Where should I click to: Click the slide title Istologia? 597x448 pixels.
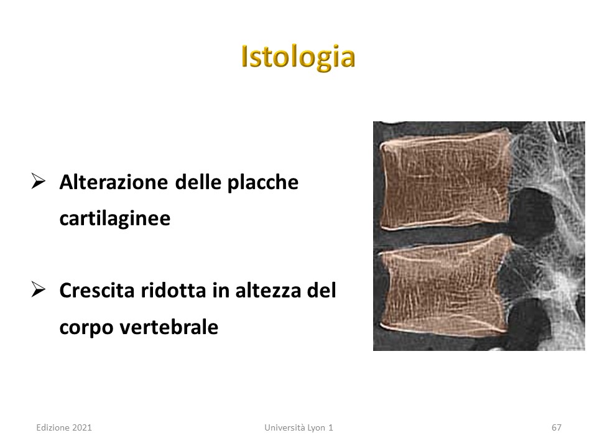pos(298,57)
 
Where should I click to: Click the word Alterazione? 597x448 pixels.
pos(113,182)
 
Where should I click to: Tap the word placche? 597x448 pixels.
pos(262,183)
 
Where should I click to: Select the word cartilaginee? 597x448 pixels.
pos(114,219)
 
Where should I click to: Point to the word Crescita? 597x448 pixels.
pos(97,291)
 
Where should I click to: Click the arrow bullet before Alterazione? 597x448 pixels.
pos(39,181)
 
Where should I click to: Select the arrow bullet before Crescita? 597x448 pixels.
pos(39,289)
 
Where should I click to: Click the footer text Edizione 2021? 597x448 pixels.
pos(64,428)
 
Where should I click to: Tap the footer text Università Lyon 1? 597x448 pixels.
pos(298,428)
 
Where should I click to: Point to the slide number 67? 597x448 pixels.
pos(556,428)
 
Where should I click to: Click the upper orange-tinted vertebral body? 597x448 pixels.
pos(445,181)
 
